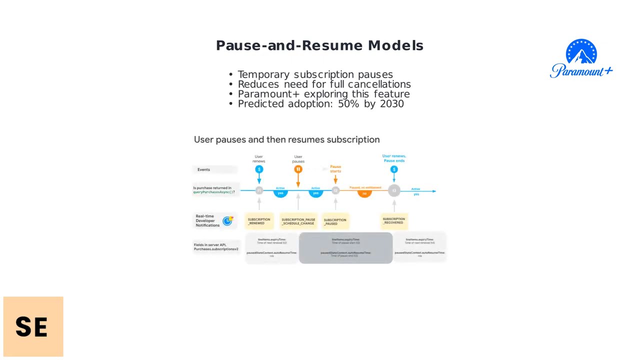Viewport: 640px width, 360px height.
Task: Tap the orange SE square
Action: (x=33, y=326)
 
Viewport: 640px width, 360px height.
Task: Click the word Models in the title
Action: (x=395, y=45)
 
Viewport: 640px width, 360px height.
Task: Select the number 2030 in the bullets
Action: (x=391, y=103)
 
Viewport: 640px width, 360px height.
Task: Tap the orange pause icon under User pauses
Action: (x=298, y=169)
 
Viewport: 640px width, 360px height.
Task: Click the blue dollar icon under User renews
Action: (x=259, y=169)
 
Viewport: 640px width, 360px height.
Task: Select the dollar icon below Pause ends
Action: (x=394, y=169)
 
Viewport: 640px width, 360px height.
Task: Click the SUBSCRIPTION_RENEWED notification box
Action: (x=259, y=221)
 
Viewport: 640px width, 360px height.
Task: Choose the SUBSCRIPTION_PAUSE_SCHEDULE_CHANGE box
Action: (x=298, y=221)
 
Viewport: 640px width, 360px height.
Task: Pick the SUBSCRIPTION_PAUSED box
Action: (x=335, y=221)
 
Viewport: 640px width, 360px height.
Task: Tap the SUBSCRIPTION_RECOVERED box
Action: (x=394, y=220)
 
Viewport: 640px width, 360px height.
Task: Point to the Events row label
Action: (x=204, y=169)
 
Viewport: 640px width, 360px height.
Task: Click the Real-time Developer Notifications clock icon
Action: (x=227, y=221)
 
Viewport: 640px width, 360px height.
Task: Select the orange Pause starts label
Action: (x=335, y=169)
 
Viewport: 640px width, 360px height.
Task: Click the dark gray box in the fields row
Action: (x=345, y=247)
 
